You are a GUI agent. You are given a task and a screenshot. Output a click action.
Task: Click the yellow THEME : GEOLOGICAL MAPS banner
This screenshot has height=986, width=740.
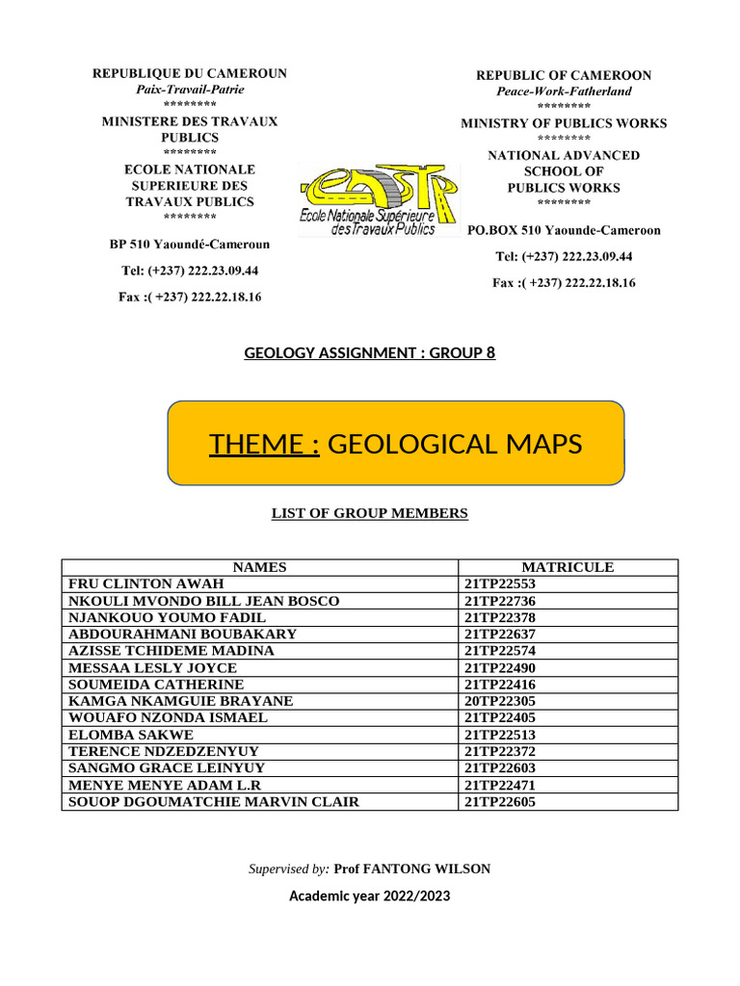pyautogui.click(x=396, y=443)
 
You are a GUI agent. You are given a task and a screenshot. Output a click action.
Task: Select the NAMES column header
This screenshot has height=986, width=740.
pyautogui.click(x=260, y=567)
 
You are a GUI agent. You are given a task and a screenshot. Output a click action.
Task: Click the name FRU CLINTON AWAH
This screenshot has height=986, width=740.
pyautogui.click(x=145, y=584)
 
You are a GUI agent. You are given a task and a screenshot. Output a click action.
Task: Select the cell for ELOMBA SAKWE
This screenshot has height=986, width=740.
pyautogui.click(x=130, y=735)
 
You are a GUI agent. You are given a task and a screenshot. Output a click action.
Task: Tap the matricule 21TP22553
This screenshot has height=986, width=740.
pyautogui.click(x=499, y=584)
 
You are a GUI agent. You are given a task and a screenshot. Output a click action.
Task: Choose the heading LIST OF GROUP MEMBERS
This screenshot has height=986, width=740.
pyautogui.click(x=370, y=513)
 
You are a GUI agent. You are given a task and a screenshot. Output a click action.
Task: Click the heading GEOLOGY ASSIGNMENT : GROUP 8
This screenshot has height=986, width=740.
pyautogui.click(x=370, y=353)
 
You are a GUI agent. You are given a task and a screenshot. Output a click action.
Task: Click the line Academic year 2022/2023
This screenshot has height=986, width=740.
pyautogui.click(x=370, y=896)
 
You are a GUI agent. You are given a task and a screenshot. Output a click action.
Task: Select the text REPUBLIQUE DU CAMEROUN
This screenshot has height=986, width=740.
pyautogui.click(x=190, y=73)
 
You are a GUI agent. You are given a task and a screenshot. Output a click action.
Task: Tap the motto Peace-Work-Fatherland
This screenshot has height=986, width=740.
pyautogui.click(x=564, y=91)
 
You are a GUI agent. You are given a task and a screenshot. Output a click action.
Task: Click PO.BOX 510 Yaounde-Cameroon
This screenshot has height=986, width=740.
pyautogui.click(x=564, y=231)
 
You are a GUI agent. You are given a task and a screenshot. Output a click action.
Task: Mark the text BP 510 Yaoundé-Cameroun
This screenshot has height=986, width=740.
pyautogui.click(x=190, y=245)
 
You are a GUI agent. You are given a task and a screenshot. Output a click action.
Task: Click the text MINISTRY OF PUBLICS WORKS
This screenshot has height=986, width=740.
pyautogui.click(x=564, y=123)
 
